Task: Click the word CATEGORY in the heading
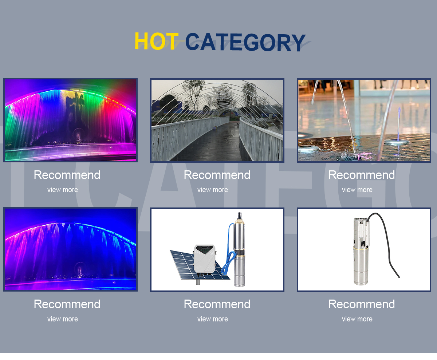(245, 42)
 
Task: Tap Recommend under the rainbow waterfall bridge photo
(67, 175)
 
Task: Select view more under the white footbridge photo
(212, 190)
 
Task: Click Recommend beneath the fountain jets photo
(362, 175)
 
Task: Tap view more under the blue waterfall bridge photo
(62, 319)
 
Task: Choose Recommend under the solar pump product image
(217, 304)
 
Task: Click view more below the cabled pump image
(357, 319)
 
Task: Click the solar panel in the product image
(184, 264)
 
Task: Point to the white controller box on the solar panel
(205, 259)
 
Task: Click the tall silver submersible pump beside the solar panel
(239, 253)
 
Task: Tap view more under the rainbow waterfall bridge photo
(62, 190)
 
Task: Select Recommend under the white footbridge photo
(217, 175)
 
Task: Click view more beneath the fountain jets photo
(357, 190)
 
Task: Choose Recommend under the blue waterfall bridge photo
(67, 304)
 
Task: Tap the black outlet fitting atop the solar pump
(239, 215)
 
